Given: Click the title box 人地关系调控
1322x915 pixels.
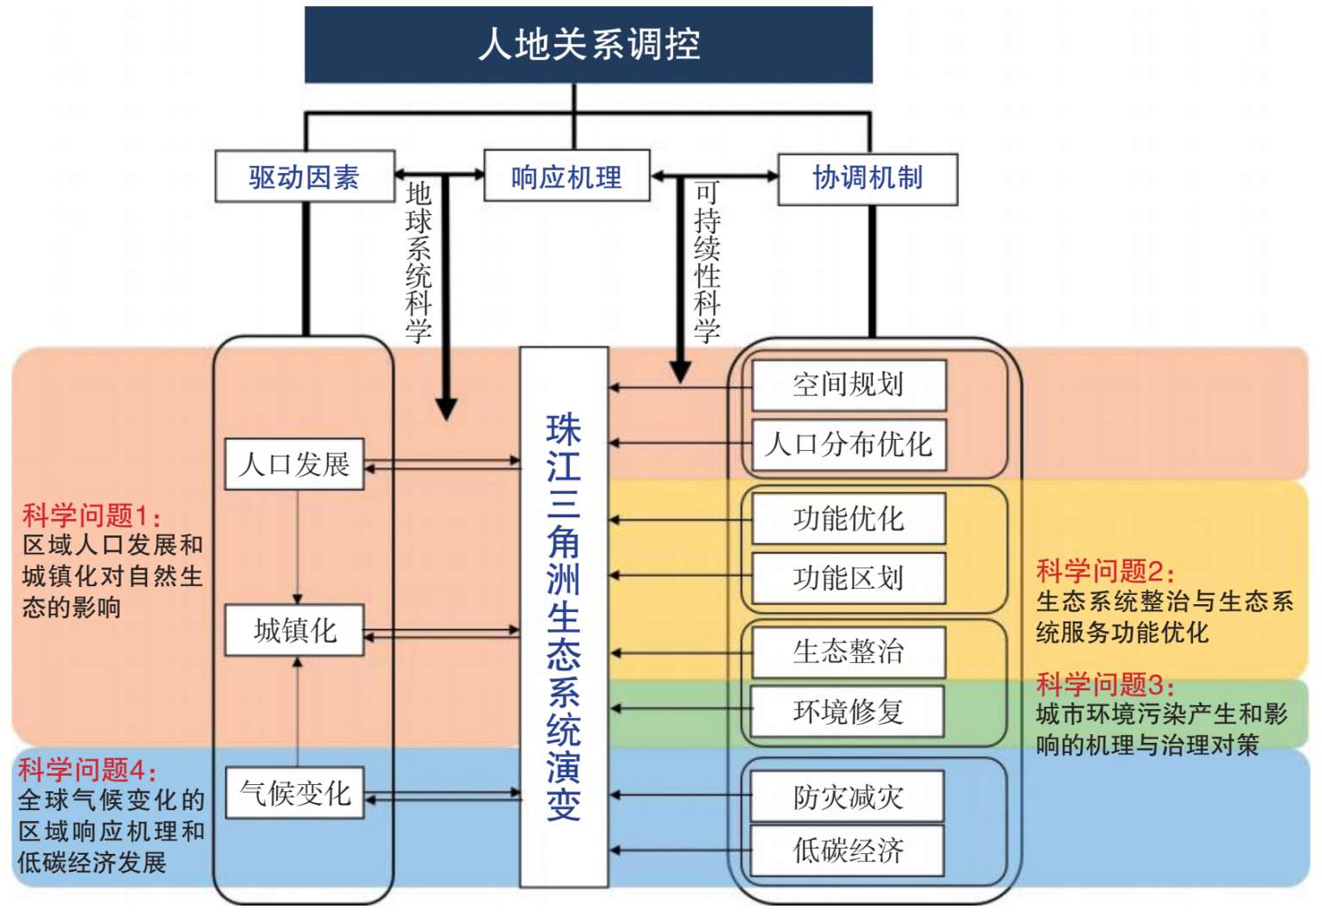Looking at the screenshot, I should pyautogui.click(x=589, y=45).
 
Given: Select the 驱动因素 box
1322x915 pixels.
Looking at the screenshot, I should pyautogui.click(x=305, y=177).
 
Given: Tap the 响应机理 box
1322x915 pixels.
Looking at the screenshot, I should pyautogui.click(x=566, y=177).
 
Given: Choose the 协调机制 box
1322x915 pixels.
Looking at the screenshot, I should pyautogui.click(x=868, y=178).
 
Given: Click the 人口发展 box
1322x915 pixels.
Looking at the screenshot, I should pyautogui.click(x=294, y=465).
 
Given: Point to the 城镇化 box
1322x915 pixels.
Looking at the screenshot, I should pyautogui.click(x=294, y=631).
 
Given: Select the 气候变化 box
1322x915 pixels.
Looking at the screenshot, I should pyautogui.click(x=294, y=793).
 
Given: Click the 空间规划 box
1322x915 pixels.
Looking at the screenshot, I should pyautogui.click(x=849, y=385).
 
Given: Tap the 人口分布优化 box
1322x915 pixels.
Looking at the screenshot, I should pyautogui.click(x=849, y=445).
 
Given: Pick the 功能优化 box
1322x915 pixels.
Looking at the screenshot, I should pyautogui.click(x=849, y=519).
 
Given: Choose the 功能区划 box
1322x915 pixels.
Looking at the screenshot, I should pyautogui.click(x=849, y=578).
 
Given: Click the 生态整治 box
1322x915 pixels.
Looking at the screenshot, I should pyautogui.click(x=849, y=652).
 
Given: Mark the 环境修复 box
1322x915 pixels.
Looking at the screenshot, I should pyautogui.click(x=848, y=712).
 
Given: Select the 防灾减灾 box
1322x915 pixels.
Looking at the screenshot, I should pyautogui.click(x=848, y=797).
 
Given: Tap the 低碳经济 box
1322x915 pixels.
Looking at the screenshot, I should pyautogui.click(x=848, y=850).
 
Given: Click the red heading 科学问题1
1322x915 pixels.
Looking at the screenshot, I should pyautogui.click(x=91, y=516).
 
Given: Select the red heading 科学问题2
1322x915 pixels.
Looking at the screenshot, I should pyautogui.click(x=1105, y=571).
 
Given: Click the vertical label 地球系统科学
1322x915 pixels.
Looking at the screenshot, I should pyautogui.click(x=419, y=262).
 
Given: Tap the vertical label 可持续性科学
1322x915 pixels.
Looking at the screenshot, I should pyautogui.click(x=707, y=262).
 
